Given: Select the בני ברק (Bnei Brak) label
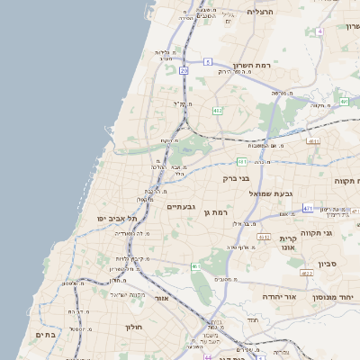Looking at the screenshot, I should pos(238,178).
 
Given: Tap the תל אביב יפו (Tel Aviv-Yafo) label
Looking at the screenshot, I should pos(119,218).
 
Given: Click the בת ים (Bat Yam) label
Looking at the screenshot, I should pos(45,334).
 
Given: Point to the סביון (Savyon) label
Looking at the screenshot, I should pos(326,266).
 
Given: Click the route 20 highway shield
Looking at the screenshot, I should pos(184,70).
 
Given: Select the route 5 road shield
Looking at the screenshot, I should pos(207,61).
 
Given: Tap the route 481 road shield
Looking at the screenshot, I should pos(242,162).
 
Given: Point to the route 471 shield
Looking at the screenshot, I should pos(308,208).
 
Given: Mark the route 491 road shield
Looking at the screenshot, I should pos(313,141).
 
